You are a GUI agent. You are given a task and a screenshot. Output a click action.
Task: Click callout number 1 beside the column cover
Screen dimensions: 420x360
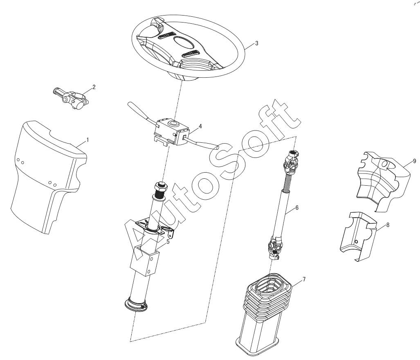[x=88, y=140]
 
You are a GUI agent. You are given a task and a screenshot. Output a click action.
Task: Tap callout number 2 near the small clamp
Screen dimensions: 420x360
[x=94, y=87]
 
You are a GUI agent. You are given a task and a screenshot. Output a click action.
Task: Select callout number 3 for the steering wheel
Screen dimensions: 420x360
[x=256, y=43]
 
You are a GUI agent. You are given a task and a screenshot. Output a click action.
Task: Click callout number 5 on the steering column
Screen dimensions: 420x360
[x=168, y=242]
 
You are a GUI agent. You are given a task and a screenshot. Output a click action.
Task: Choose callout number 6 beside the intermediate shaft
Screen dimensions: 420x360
[x=297, y=207]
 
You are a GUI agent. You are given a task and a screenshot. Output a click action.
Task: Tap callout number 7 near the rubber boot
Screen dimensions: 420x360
[x=304, y=279]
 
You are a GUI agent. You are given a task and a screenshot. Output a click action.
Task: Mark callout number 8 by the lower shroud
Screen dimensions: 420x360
[x=388, y=225]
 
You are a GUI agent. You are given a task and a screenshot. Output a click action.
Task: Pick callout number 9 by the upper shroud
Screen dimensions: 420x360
[x=414, y=161]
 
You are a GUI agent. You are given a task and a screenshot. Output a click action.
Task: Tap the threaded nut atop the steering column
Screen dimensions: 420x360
[x=160, y=189]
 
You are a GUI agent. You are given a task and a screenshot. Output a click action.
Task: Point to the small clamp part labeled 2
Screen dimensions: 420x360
[x=70, y=98]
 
